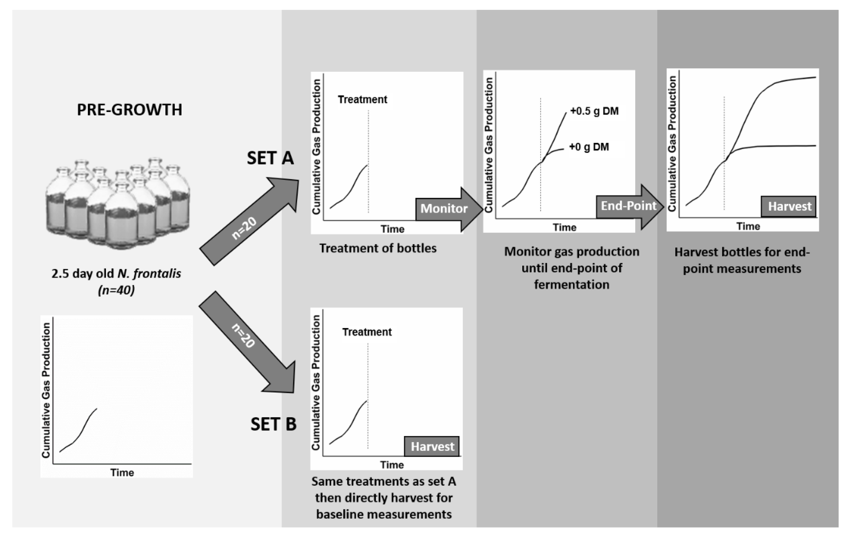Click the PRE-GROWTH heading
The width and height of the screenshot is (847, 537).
[129, 110]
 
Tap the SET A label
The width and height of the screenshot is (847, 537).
[270, 158]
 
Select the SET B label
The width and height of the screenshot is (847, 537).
[273, 424]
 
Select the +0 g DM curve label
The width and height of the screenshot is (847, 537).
[589, 147]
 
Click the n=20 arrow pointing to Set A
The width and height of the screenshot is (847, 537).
[246, 225]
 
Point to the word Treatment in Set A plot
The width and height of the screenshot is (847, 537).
[362, 100]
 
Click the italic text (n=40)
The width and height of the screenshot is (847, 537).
[116, 290]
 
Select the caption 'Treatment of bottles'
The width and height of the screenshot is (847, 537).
[378, 248]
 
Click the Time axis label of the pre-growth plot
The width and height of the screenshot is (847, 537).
[122, 473]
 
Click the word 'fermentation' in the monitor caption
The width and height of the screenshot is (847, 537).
[572, 284]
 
